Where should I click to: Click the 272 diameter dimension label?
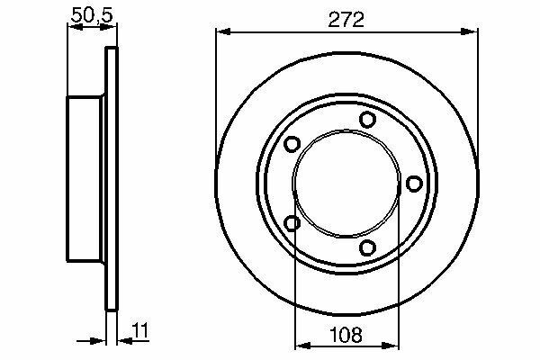[x=346, y=20]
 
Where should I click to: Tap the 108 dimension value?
[x=346, y=335]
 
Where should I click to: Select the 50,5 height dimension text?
[x=92, y=15]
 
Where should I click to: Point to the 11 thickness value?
[x=141, y=330]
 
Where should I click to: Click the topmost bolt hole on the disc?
[x=367, y=119]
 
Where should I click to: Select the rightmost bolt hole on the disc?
[x=414, y=184]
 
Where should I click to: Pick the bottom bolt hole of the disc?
[x=367, y=247]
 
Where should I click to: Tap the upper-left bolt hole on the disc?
[x=292, y=144]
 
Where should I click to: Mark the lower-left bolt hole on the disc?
[x=292, y=223]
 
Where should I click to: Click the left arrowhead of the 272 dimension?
[x=223, y=32]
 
